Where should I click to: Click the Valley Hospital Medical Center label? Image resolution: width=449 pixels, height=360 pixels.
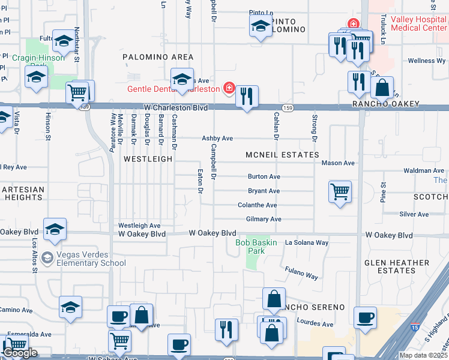pyautogui.click(x=418, y=23)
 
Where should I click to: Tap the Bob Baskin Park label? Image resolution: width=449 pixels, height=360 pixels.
pyautogui.click(x=259, y=243)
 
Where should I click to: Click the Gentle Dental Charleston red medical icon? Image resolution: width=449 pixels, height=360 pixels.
pyautogui.click(x=229, y=89)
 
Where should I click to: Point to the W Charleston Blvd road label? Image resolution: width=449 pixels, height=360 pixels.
pyautogui.click(x=175, y=108)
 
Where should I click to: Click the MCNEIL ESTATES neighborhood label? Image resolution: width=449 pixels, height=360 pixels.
pyautogui.click(x=282, y=155)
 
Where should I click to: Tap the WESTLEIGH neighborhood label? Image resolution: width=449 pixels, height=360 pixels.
pyautogui.click(x=148, y=159)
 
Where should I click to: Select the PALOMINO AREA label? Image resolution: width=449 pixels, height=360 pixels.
pyautogui.click(x=157, y=57)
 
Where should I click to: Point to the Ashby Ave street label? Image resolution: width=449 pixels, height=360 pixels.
pyautogui.click(x=217, y=138)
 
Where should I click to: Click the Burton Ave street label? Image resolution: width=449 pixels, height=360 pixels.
pyautogui.click(x=264, y=177)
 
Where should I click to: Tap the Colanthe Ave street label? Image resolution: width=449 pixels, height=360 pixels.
pyautogui.click(x=257, y=205)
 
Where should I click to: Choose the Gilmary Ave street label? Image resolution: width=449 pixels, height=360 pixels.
pyautogui.click(x=264, y=220)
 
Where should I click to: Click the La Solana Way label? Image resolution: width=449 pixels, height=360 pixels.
pyautogui.click(x=307, y=243)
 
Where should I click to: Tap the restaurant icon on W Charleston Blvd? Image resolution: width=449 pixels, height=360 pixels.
pyautogui.click(x=246, y=97)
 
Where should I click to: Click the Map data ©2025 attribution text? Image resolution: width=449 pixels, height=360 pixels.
pyautogui.click(x=423, y=355)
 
